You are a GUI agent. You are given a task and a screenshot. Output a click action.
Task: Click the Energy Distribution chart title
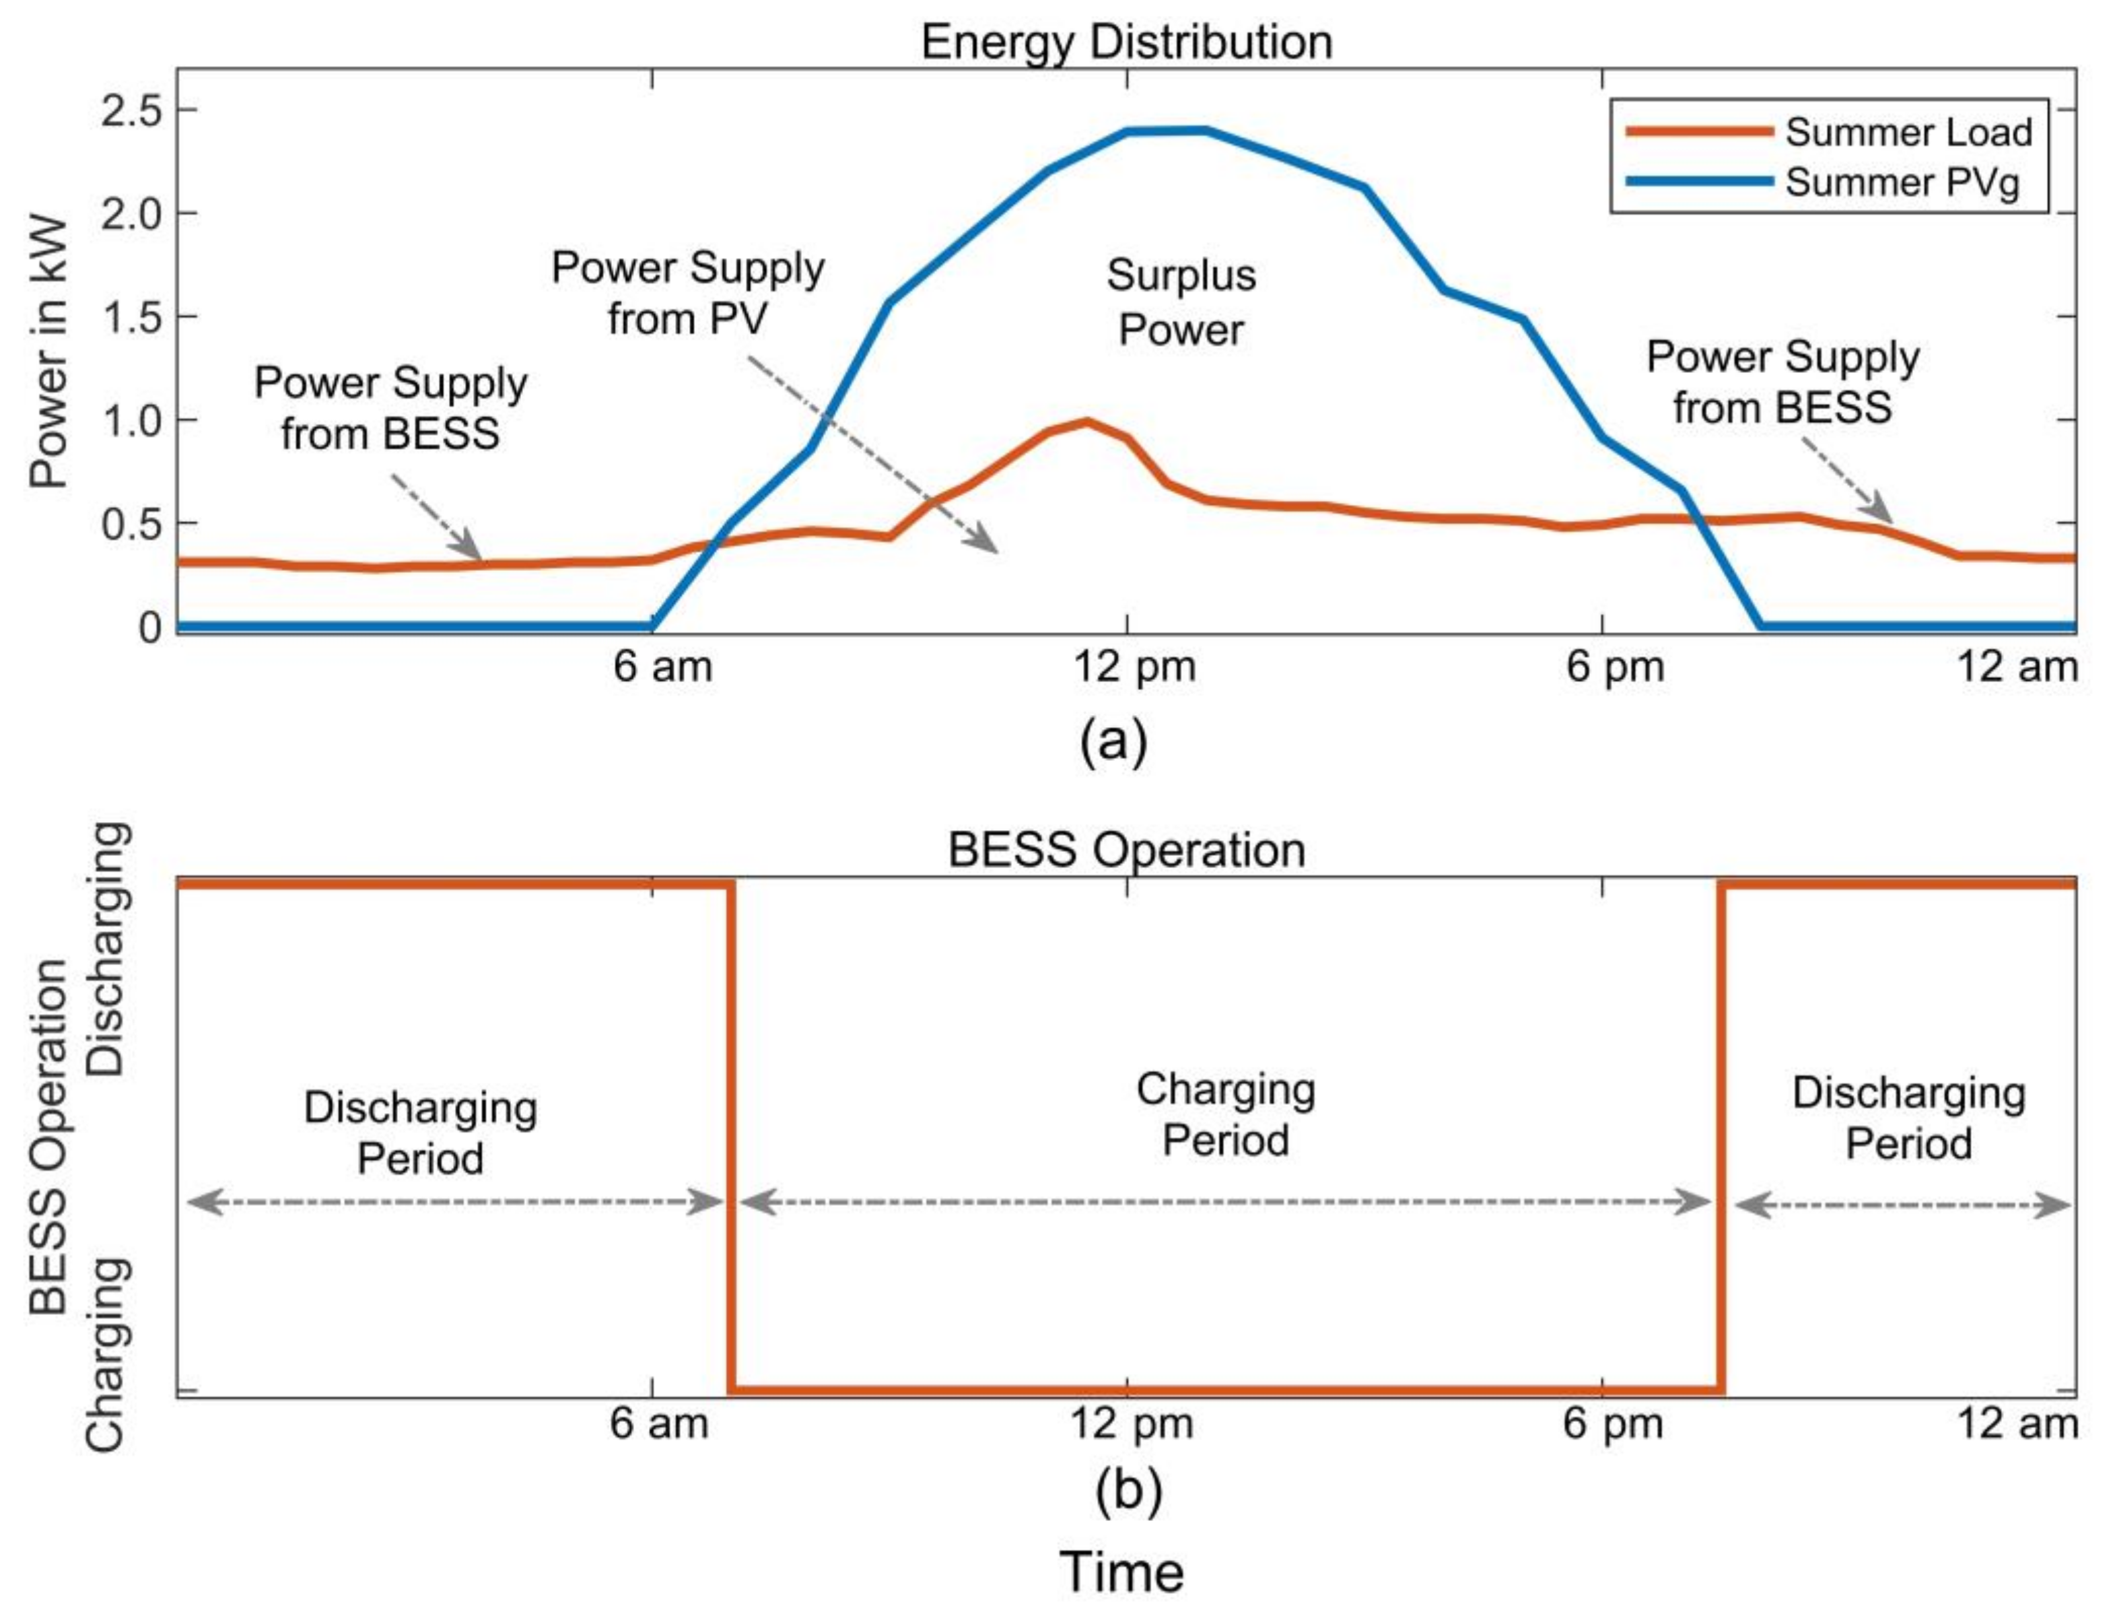click(x=1126, y=42)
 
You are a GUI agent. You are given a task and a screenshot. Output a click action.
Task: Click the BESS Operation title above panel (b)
click(x=1126, y=850)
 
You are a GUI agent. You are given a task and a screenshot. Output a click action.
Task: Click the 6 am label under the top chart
click(x=662, y=667)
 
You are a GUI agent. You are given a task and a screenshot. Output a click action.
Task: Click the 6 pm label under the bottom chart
click(x=1613, y=1423)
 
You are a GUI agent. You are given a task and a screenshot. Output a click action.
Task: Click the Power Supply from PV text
click(x=688, y=294)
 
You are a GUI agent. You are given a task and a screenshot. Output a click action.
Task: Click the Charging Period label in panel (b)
click(x=1225, y=1115)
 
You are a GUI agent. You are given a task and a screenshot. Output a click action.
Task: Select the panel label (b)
click(x=1128, y=1491)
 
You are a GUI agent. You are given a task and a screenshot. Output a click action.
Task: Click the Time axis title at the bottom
click(x=1121, y=1573)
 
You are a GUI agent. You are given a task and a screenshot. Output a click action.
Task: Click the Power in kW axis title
click(x=48, y=352)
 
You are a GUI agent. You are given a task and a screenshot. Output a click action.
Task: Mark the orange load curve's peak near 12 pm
click(x=1086, y=422)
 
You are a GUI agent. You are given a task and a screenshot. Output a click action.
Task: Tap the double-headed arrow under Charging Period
click(x=1225, y=1203)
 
